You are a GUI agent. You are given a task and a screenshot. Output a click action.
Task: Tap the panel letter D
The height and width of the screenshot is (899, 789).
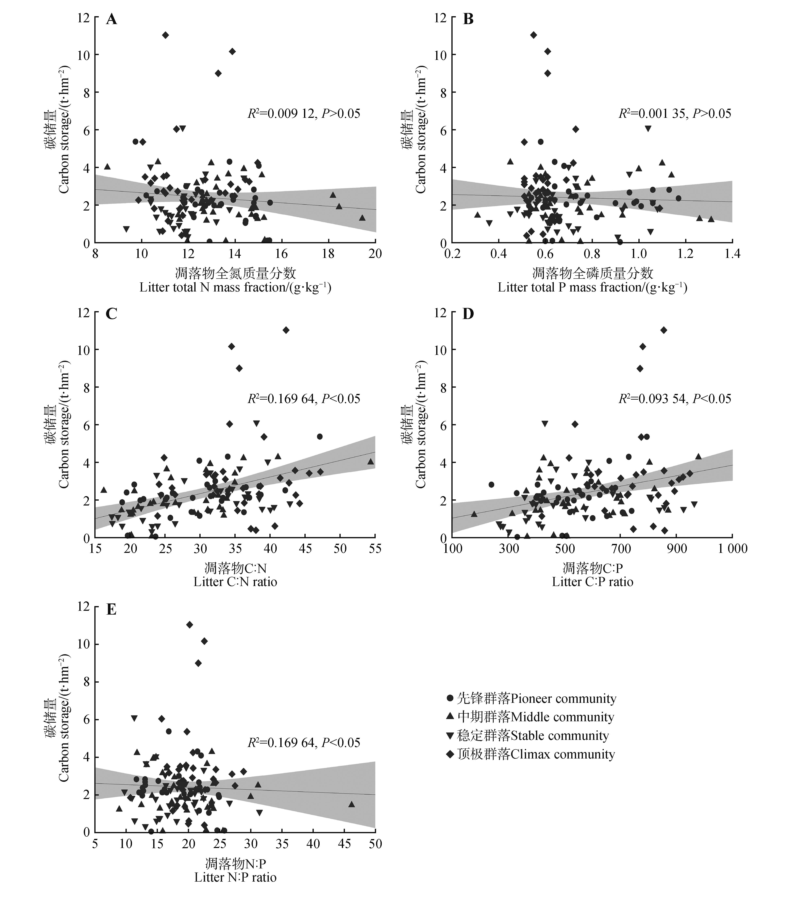pyautogui.click(x=468, y=314)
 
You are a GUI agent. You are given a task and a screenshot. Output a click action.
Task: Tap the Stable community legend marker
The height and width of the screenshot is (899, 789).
pyautogui.click(x=450, y=735)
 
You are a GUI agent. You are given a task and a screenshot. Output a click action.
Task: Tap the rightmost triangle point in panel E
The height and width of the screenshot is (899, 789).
pyautogui.click(x=351, y=804)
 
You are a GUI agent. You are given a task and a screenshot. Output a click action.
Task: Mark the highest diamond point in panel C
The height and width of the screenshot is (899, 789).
pyautogui.click(x=286, y=330)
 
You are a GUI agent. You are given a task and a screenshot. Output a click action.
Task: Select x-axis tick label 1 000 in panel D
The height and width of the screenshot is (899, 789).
pyautogui.click(x=732, y=548)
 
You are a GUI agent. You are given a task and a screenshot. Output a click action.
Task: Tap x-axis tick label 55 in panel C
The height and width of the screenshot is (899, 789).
pyautogui.click(x=375, y=548)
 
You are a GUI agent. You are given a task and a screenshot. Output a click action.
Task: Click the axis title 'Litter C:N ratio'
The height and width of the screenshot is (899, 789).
pyautogui.click(x=235, y=582)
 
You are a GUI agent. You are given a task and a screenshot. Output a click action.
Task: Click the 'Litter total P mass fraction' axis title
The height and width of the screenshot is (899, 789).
pyautogui.click(x=592, y=288)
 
